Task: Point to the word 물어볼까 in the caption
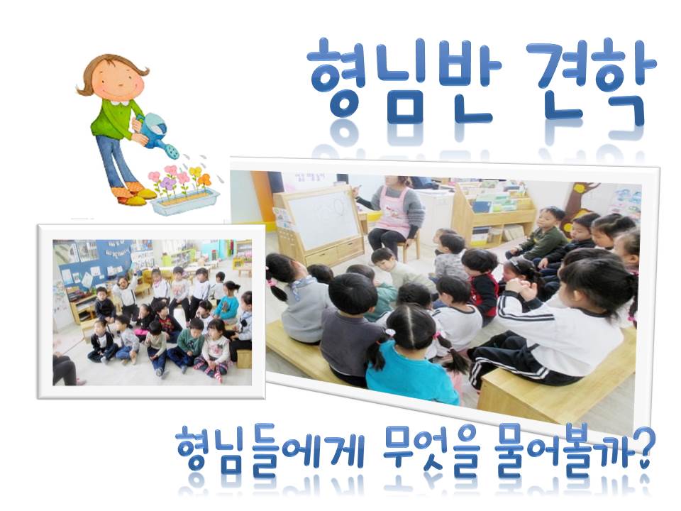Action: [x=559, y=448]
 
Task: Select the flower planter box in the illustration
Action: [x=184, y=201]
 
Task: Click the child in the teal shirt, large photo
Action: [x=413, y=356]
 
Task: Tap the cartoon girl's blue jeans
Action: [x=115, y=161]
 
